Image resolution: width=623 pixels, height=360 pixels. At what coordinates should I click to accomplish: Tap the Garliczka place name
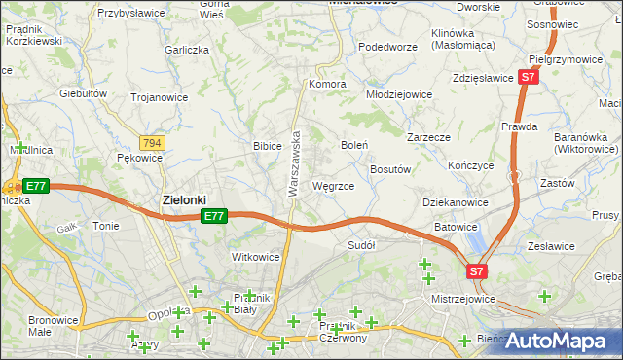tap(188, 49)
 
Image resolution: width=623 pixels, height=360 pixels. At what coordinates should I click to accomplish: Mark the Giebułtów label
tap(82, 93)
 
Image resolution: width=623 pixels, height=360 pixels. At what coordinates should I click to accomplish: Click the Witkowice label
tap(255, 257)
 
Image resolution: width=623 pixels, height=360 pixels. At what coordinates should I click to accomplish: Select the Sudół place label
tap(361, 245)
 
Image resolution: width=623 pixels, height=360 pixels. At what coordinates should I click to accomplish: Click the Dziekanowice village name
tap(456, 202)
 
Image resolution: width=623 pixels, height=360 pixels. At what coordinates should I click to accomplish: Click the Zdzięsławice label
tap(483, 78)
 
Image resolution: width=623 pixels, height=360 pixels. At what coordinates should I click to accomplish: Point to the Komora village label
tap(328, 84)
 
